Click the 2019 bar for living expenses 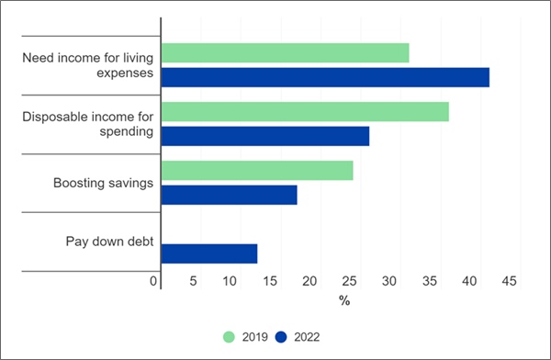click(x=285, y=53)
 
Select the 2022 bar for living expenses click(x=325, y=77)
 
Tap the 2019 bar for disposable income click(x=305, y=112)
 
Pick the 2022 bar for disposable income click(x=265, y=136)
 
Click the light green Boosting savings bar click(x=257, y=171)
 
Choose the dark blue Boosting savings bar click(x=229, y=195)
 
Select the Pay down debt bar click(x=209, y=253)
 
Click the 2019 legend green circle click(x=231, y=337)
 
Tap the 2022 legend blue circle click(x=284, y=337)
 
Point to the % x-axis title click(x=344, y=300)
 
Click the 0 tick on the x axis click(x=154, y=281)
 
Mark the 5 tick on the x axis click(x=193, y=281)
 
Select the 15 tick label click(x=272, y=281)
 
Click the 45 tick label click(x=510, y=281)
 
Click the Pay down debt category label click(x=108, y=242)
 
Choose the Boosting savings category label click(x=103, y=184)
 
